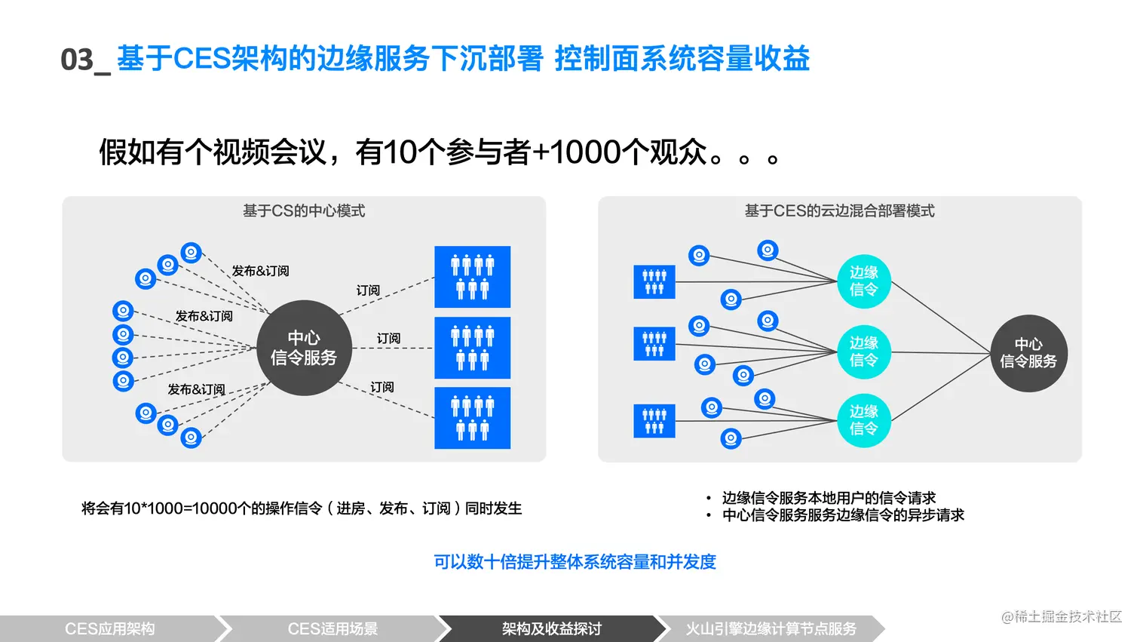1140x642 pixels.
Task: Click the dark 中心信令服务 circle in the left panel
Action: point(304,348)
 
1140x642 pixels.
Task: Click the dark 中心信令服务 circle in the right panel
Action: point(1028,353)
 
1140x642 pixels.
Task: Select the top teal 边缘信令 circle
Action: point(864,281)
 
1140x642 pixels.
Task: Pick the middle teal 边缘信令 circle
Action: point(864,352)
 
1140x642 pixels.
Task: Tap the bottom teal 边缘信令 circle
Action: point(864,420)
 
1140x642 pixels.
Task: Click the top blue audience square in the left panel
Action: point(473,277)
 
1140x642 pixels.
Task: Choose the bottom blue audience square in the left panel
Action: point(473,418)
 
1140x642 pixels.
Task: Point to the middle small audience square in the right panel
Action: point(654,343)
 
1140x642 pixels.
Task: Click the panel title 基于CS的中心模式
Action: point(304,211)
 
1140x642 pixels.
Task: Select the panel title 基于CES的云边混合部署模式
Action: point(839,211)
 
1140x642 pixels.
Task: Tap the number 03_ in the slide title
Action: point(84,60)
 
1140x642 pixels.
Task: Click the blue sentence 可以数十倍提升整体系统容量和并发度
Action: point(575,562)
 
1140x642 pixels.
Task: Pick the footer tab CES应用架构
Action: point(110,628)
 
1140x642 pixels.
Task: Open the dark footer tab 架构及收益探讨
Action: point(551,628)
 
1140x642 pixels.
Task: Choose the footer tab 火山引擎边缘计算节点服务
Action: point(771,628)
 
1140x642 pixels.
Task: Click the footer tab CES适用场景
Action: point(332,628)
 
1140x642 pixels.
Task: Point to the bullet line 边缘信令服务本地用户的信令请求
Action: point(829,498)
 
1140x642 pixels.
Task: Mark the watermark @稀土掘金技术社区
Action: point(1062,616)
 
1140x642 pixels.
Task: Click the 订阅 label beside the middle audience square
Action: point(388,339)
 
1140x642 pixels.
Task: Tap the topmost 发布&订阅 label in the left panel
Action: point(260,271)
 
